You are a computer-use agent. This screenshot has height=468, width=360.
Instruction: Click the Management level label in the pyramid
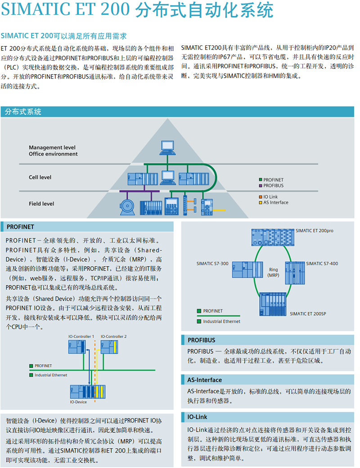[52, 147]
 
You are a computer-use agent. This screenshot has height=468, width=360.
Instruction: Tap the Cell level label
[40, 177]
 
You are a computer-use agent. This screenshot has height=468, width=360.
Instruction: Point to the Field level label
[41, 204]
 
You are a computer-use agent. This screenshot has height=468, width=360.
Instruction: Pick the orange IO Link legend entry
[270, 197]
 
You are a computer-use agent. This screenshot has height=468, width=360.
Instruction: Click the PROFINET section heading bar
[87, 227]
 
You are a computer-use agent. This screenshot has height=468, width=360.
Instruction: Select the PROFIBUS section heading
[201, 340]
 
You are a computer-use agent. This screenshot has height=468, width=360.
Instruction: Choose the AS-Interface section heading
[205, 380]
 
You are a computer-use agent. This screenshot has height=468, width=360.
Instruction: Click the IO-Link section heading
[198, 417]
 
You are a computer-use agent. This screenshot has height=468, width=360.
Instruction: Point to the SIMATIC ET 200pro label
[315, 231]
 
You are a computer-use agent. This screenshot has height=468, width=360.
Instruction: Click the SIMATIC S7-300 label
[212, 263]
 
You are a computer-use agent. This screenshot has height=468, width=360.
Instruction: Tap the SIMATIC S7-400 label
[322, 263]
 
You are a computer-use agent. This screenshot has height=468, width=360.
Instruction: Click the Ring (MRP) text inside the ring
[273, 272]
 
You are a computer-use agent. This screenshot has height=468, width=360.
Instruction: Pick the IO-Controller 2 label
[113, 336]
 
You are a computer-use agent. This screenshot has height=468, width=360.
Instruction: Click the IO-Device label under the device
[78, 402]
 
